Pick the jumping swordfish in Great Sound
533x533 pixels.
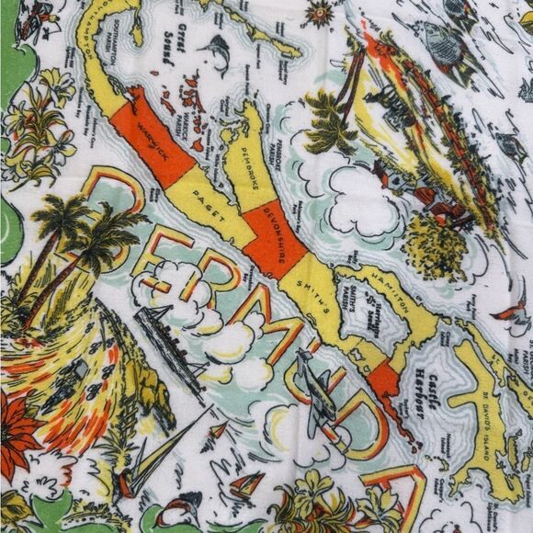[x=219, y=55]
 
